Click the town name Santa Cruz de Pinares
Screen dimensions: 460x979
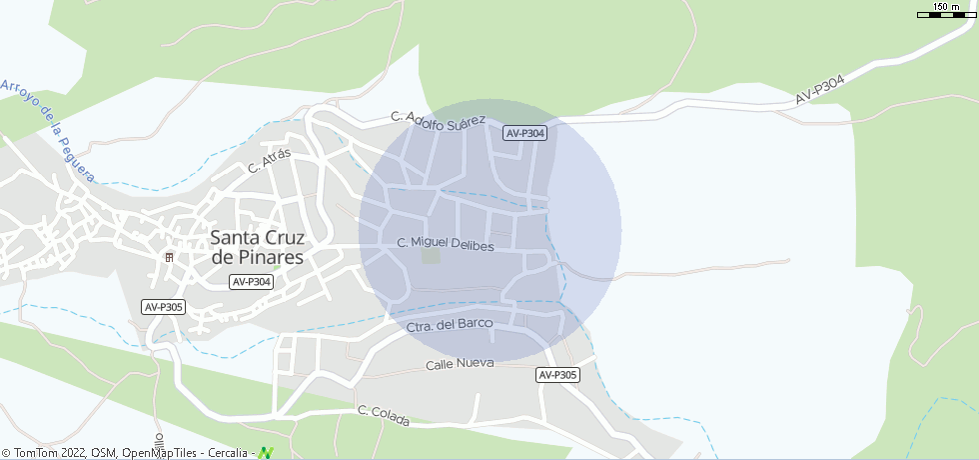coord(258,247)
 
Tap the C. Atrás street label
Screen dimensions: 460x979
coord(269,160)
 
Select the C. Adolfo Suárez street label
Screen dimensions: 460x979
coord(438,120)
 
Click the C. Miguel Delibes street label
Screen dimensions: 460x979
coord(446,244)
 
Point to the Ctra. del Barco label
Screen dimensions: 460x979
coord(451,325)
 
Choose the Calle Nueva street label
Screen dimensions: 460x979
coord(460,363)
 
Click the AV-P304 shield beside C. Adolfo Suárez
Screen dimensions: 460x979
coord(525,133)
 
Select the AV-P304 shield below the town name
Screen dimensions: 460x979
coord(251,282)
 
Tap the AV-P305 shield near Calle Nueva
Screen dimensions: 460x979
coord(557,375)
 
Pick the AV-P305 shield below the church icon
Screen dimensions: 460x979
coord(163,307)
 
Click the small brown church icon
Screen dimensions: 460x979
coord(169,257)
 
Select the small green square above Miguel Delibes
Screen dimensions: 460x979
coord(431,256)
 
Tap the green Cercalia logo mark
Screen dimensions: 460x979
coord(266,453)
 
